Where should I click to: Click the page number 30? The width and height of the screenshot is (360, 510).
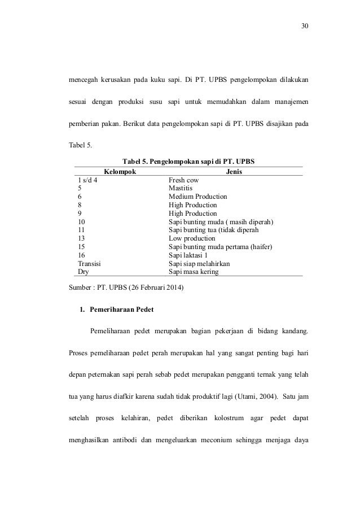pos(305,26)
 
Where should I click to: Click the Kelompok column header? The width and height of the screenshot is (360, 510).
pos(119,171)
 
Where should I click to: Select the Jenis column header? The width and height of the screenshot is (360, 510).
pos(234,171)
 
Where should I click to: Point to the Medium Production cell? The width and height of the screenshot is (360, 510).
pos(196,197)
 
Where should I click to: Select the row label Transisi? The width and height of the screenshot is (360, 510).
pos(89,264)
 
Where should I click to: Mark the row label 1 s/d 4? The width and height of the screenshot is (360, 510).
pos(87,180)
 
